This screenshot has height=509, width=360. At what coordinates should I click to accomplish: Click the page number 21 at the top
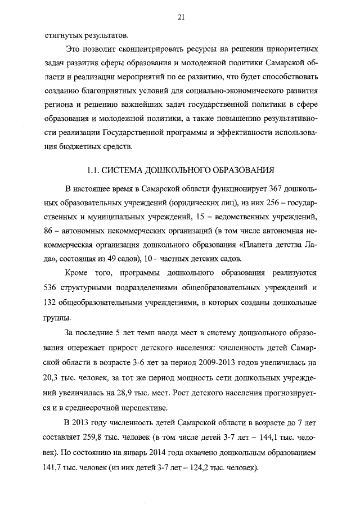(181, 17)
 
